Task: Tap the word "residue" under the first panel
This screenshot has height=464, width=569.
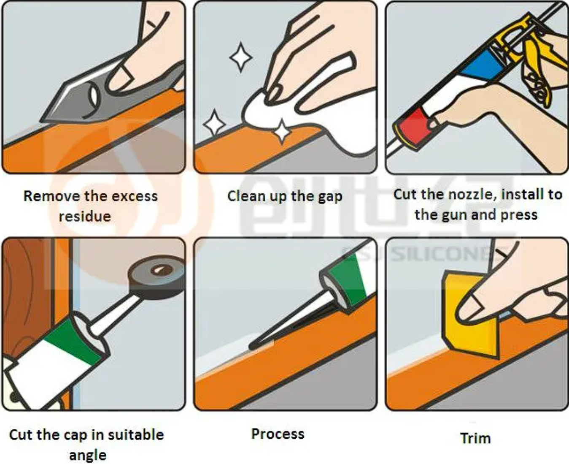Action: pos(85,216)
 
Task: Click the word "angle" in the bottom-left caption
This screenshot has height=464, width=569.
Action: pos(87,455)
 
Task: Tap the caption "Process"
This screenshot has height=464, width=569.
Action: pos(278,434)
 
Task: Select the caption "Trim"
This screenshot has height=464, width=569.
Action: pos(475,438)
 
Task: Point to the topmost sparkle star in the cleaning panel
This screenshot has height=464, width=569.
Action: pos(241,57)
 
